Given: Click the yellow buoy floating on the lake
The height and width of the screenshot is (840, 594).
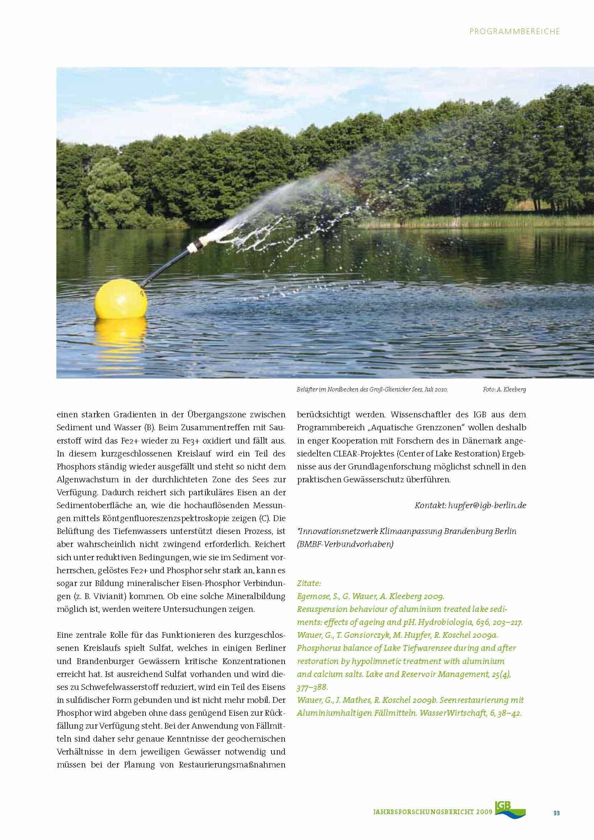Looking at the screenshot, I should point(121,299).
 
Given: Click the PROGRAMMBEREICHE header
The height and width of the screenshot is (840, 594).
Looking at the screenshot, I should point(515,32).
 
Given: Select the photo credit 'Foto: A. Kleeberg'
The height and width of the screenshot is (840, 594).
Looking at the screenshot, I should point(504,390).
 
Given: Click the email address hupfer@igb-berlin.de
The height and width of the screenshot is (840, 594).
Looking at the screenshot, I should point(487,505).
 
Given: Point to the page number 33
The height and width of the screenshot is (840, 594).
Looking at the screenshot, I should point(556,813).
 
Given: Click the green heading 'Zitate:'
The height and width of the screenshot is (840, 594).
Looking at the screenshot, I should point(309,583).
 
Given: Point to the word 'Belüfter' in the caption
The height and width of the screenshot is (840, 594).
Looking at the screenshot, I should point(306,390).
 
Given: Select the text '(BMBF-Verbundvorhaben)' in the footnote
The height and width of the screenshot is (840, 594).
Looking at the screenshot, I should point(345,544).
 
